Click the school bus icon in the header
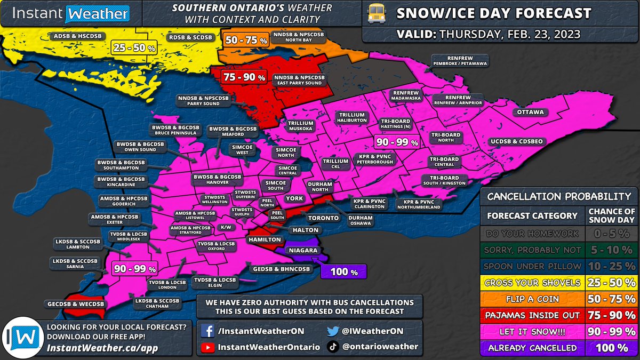pos(378,14)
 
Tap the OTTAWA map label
pos(530,113)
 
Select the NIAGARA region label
pos(303,250)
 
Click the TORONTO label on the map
pos(322,218)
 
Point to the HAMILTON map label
pos(264,240)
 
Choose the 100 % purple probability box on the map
pos(344,271)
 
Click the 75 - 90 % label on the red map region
pos(245,77)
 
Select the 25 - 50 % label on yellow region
pos(134,48)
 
